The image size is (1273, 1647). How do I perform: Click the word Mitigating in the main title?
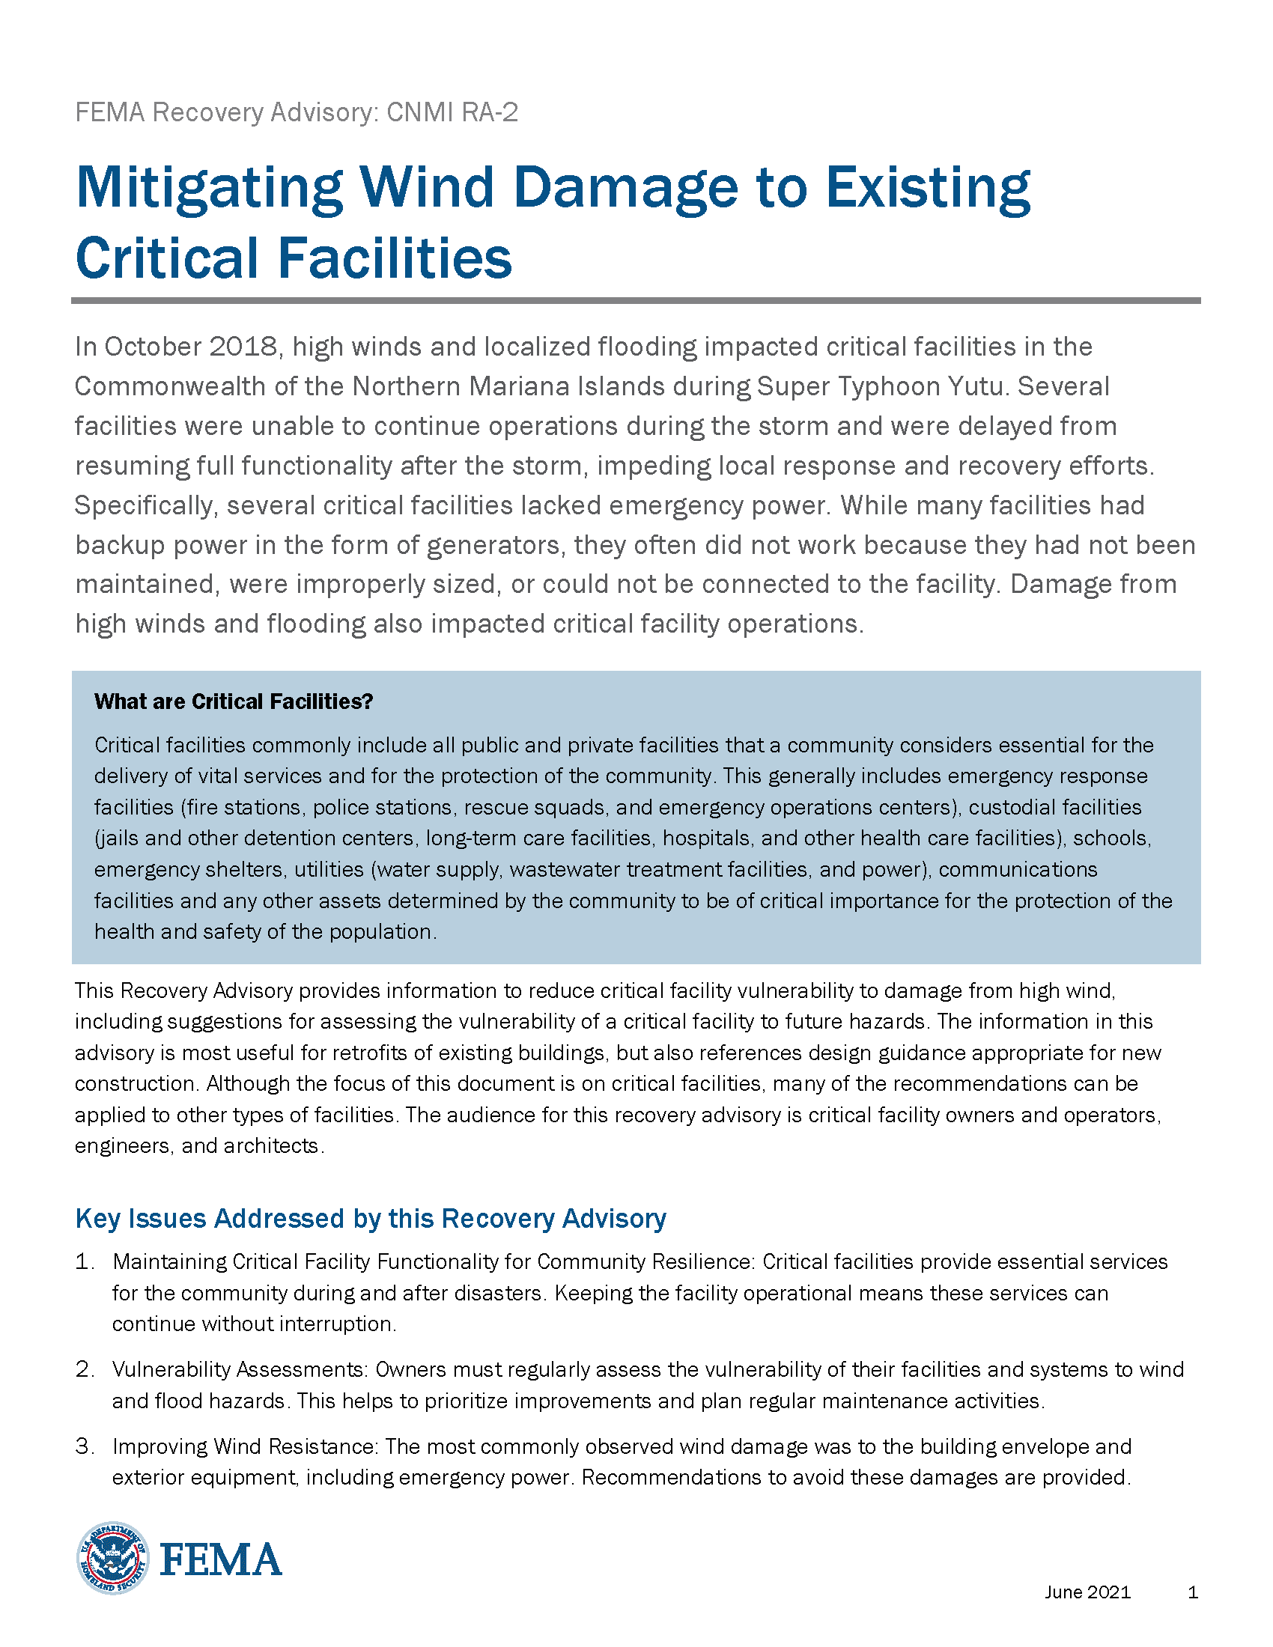209,188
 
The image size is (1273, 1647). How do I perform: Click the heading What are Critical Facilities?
234,701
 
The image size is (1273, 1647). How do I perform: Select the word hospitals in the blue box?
706,838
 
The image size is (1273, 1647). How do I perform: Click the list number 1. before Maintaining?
85,1261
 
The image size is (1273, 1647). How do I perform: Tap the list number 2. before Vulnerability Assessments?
85,1369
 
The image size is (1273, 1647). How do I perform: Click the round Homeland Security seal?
113,1557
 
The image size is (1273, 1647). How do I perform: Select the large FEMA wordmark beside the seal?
221,1559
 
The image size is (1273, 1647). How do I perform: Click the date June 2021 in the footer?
1087,1592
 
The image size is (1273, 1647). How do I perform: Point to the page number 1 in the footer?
1192,1592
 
